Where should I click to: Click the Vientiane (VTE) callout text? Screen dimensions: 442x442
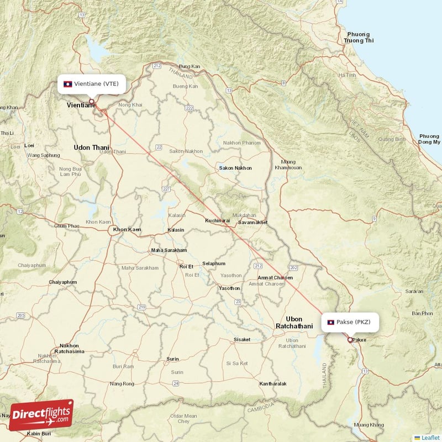tap(96, 84)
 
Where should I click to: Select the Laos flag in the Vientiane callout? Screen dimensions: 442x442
tap(67, 84)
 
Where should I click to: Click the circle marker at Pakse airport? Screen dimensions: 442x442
tap(350, 340)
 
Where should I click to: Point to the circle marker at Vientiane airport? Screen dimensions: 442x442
tap(92, 101)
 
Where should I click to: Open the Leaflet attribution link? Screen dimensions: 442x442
tap(430, 438)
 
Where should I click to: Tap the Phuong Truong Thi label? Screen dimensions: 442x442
tap(359, 38)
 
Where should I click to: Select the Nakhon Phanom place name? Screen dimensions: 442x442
tap(241, 143)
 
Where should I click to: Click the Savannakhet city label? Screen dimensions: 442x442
tap(252, 222)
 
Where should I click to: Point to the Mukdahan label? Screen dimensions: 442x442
tap(244, 215)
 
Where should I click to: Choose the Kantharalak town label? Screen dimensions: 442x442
tap(273, 383)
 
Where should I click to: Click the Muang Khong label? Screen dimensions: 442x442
tap(369, 424)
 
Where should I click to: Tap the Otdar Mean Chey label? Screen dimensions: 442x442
tap(183, 418)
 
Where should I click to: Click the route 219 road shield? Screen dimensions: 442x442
tap(142, 307)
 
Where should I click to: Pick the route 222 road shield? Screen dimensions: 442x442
tap(190, 108)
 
